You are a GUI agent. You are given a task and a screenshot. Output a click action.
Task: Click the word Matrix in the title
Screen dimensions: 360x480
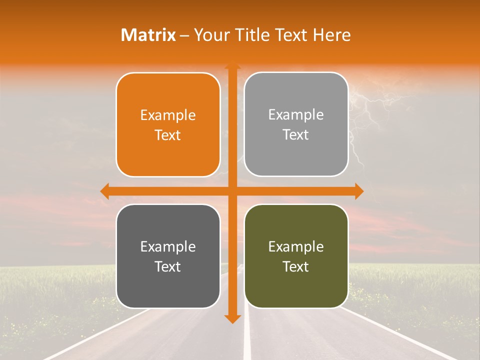[x=148, y=35]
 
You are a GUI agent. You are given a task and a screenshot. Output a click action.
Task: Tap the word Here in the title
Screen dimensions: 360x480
[x=332, y=35]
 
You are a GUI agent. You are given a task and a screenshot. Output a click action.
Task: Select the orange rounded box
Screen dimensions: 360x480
[x=168, y=125]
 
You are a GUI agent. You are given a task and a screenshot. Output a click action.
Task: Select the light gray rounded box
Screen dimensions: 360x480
[x=296, y=124]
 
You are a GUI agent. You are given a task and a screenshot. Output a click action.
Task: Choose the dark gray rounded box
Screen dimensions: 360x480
[x=168, y=256]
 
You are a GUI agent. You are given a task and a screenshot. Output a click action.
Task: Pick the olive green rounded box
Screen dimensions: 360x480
[x=296, y=256]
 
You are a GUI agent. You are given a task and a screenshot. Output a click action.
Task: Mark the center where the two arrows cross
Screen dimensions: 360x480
[x=232, y=191]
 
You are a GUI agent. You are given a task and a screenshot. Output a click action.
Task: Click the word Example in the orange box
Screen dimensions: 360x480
[x=168, y=115]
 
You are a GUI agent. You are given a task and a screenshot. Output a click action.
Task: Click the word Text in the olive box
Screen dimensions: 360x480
[x=296, y=266]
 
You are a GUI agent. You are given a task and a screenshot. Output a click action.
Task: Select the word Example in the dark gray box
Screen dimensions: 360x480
[x=168, y=247]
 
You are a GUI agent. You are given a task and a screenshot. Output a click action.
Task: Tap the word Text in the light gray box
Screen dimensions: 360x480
[x=296, y=134]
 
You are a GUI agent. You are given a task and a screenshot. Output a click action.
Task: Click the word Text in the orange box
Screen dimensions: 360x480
[x=168, y=135]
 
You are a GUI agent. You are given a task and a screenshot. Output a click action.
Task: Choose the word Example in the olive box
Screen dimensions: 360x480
[x=296, y=247]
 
